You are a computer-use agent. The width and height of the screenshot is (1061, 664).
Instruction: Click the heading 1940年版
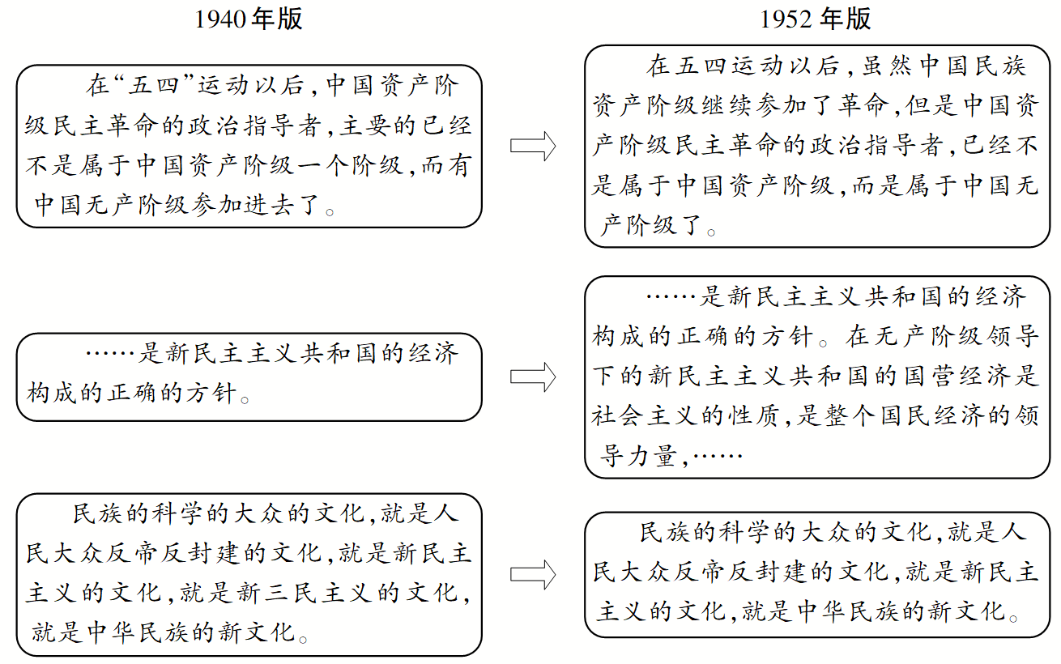pos(249,19)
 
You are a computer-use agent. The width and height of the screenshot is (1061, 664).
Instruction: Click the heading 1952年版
pos(816,19)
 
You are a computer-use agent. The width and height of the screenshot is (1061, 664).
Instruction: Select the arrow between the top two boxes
pos(533,147)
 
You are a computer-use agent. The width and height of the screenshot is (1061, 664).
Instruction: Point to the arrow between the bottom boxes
pos(533,574)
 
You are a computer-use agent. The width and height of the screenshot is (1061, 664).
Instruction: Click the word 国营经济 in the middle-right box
pos(960,377)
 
